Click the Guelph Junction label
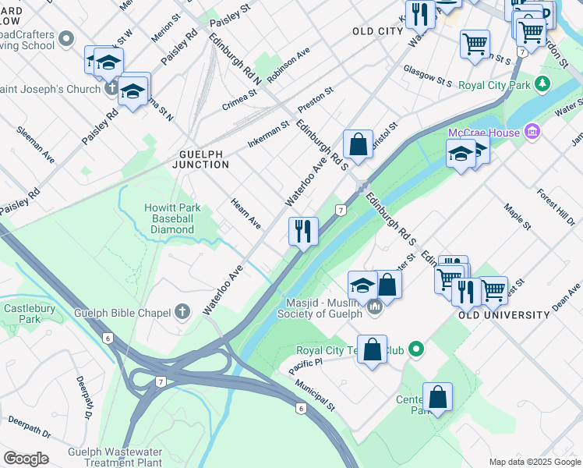tap(203, 159)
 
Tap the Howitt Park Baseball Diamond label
tap(172, 218)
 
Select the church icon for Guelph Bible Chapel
tap(182, 314)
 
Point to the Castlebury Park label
tap(20, 314)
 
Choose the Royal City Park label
tap(493, 84)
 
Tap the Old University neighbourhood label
tap(503, 314)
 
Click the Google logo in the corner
tap(26, 459)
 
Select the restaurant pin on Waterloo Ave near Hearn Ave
tap(303, 231)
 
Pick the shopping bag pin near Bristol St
tap(357, 145)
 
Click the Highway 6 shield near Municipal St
tap(299, 408)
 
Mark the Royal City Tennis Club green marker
tap(417, 349)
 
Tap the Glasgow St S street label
tap(428, 76)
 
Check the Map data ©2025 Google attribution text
tap(534, 462)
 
